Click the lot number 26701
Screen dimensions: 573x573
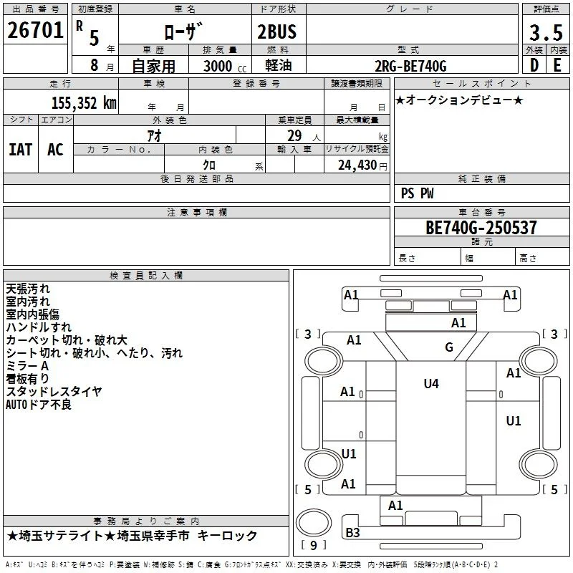pyautogui.click(x=35, y=30)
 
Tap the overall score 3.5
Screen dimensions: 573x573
pyautogui.click(x=546, y=32)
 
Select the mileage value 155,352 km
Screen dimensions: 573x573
pyautogui.click(x=84, y=103)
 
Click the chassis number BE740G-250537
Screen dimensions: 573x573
pyautogui.click(x=481, y=228)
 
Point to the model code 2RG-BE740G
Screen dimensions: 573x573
pyautogui.click(x=410, y=66)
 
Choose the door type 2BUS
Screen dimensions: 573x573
pyautogui.click(x=277, y=32)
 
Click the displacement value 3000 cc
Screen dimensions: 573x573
pyautogui.click(x=225, y=66)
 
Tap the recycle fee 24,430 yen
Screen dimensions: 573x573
pyautogui.click(x=362, y=165)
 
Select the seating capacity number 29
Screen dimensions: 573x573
pyautogui.click(x=294, y=136)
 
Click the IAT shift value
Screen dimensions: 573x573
pyautogui.click(x=21, y=150)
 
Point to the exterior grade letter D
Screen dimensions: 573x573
pyautogui.click(x=534, y=65)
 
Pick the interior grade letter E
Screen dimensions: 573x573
pyautogui.click(x=557, y=65)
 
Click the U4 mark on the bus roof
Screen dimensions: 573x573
pyautogui.click(x=431, y=384)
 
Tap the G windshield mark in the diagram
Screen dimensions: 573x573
pyautogui.click(x=449, y=347)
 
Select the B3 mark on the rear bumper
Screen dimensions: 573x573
pyautogui.click(x=352, y=533)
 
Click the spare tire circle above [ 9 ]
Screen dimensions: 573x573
pyautogui.click(x=314, y=523)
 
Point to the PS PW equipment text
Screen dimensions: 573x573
pyautogui.click(x=417, y=193)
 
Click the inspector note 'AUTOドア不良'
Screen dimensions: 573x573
pyautogui.click(x=39, y=405)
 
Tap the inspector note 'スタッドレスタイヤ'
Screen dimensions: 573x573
pyautogui.click(x=54, y=392)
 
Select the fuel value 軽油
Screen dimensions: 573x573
pyautogui.click(x=279, y=65)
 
